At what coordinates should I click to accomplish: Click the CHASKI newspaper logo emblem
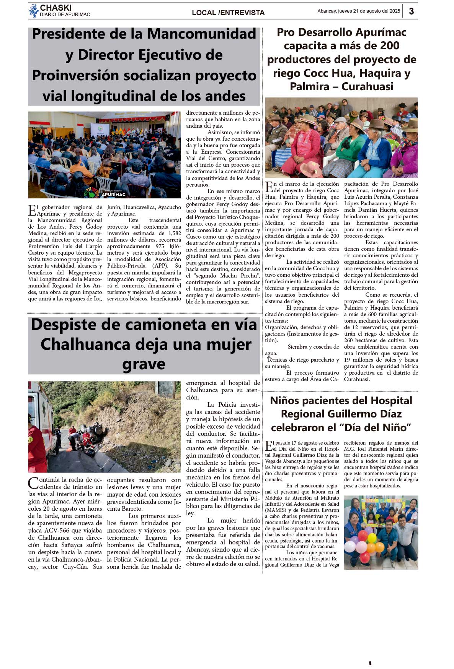pyautogui.click(x=34, y=10)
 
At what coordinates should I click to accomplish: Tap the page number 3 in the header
pyautogui.click(x=411, y=11)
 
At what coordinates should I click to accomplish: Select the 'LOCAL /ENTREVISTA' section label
pyautogui.click(x=228, y=13)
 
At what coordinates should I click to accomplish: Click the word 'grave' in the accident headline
pyautogui.click(x=144, y=364)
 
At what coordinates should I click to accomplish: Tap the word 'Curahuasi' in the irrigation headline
pyautogui.click(x=367, y=86)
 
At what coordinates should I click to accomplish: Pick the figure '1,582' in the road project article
pyautogui.click(x=175, y=233)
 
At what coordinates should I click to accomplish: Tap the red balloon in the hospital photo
pyautogui.click(x=363, y=535)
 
